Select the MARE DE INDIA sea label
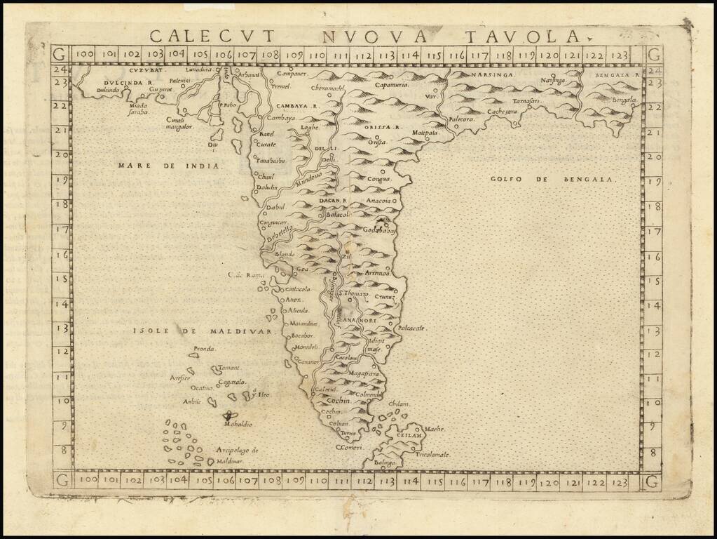click(169, 166)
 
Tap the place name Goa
click(302, 268)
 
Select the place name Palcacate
click(412, 328)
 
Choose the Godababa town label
click(379, 230)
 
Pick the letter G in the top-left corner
click(60, 54)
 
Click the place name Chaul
click(267, 176)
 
